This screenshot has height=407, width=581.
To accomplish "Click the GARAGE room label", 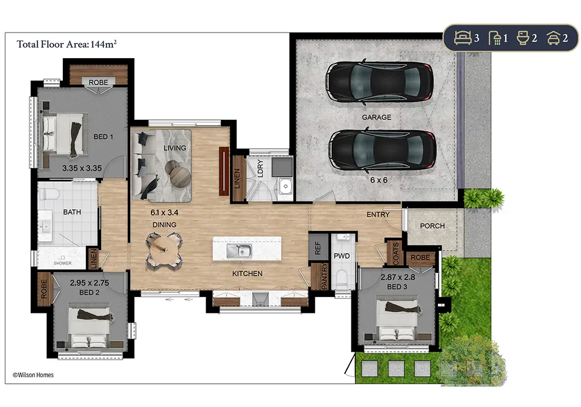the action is (x=376, y=117).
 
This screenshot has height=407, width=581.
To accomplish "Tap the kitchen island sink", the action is (x=239, y=251).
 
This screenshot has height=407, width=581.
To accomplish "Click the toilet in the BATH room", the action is (x=49, y=194).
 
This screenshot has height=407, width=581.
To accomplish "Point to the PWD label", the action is (x=342, y=256).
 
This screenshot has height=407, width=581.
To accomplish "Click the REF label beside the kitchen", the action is (x=318, y=248).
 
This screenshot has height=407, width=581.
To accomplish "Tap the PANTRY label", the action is (x=325, y=276).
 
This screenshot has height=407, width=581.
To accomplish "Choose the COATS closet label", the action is (x=396, y=254).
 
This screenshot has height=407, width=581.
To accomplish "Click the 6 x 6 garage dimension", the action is (x=379, y=180).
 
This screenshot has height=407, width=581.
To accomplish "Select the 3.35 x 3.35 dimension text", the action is (x=82, y=168).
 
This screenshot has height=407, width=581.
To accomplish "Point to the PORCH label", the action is (x=432, y=226).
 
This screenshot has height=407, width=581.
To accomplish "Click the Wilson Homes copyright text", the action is (x=33, y=375).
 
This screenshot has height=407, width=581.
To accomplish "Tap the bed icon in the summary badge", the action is (x=463, y=38).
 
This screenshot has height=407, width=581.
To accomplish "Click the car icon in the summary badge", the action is (x=553, y=38).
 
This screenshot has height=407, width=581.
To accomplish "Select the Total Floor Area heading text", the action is (x=67, y=44).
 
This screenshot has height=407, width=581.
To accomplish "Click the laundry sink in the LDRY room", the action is (x=285, y=185).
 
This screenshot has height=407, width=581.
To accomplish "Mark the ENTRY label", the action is (x=378, y=215).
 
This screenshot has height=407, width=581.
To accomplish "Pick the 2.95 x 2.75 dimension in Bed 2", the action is (x=89, y=283).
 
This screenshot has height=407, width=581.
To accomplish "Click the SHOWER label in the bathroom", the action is (x=63, y=263).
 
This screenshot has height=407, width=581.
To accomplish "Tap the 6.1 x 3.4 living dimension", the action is (x=164, y=213).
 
